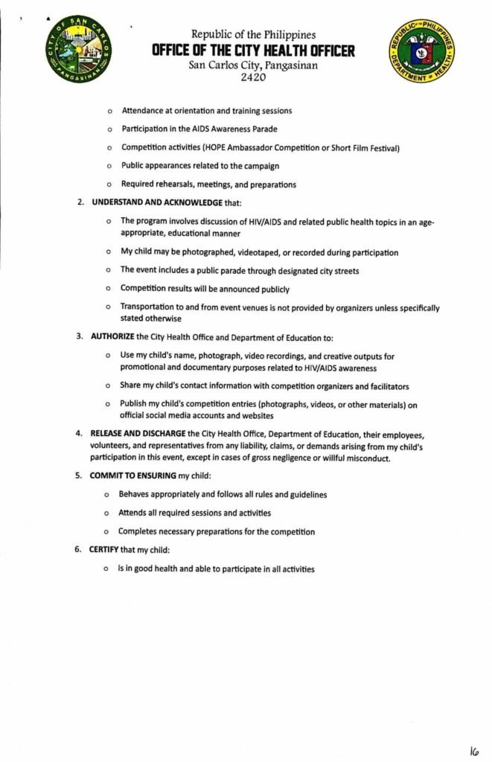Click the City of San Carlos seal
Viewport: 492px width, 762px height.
[x=77, y=50]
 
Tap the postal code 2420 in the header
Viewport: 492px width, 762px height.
[x=253, y=77]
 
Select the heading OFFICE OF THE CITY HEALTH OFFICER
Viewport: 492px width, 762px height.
[x=253, y=51]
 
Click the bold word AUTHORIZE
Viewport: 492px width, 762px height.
[x=112, y=336]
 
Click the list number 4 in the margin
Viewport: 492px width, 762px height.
[x=78, y=433]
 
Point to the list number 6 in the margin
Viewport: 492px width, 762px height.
[x=78, y=550]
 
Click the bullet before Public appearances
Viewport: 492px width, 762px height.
[x=109, y=166]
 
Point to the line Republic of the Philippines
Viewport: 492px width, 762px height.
[x=253, y=34]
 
